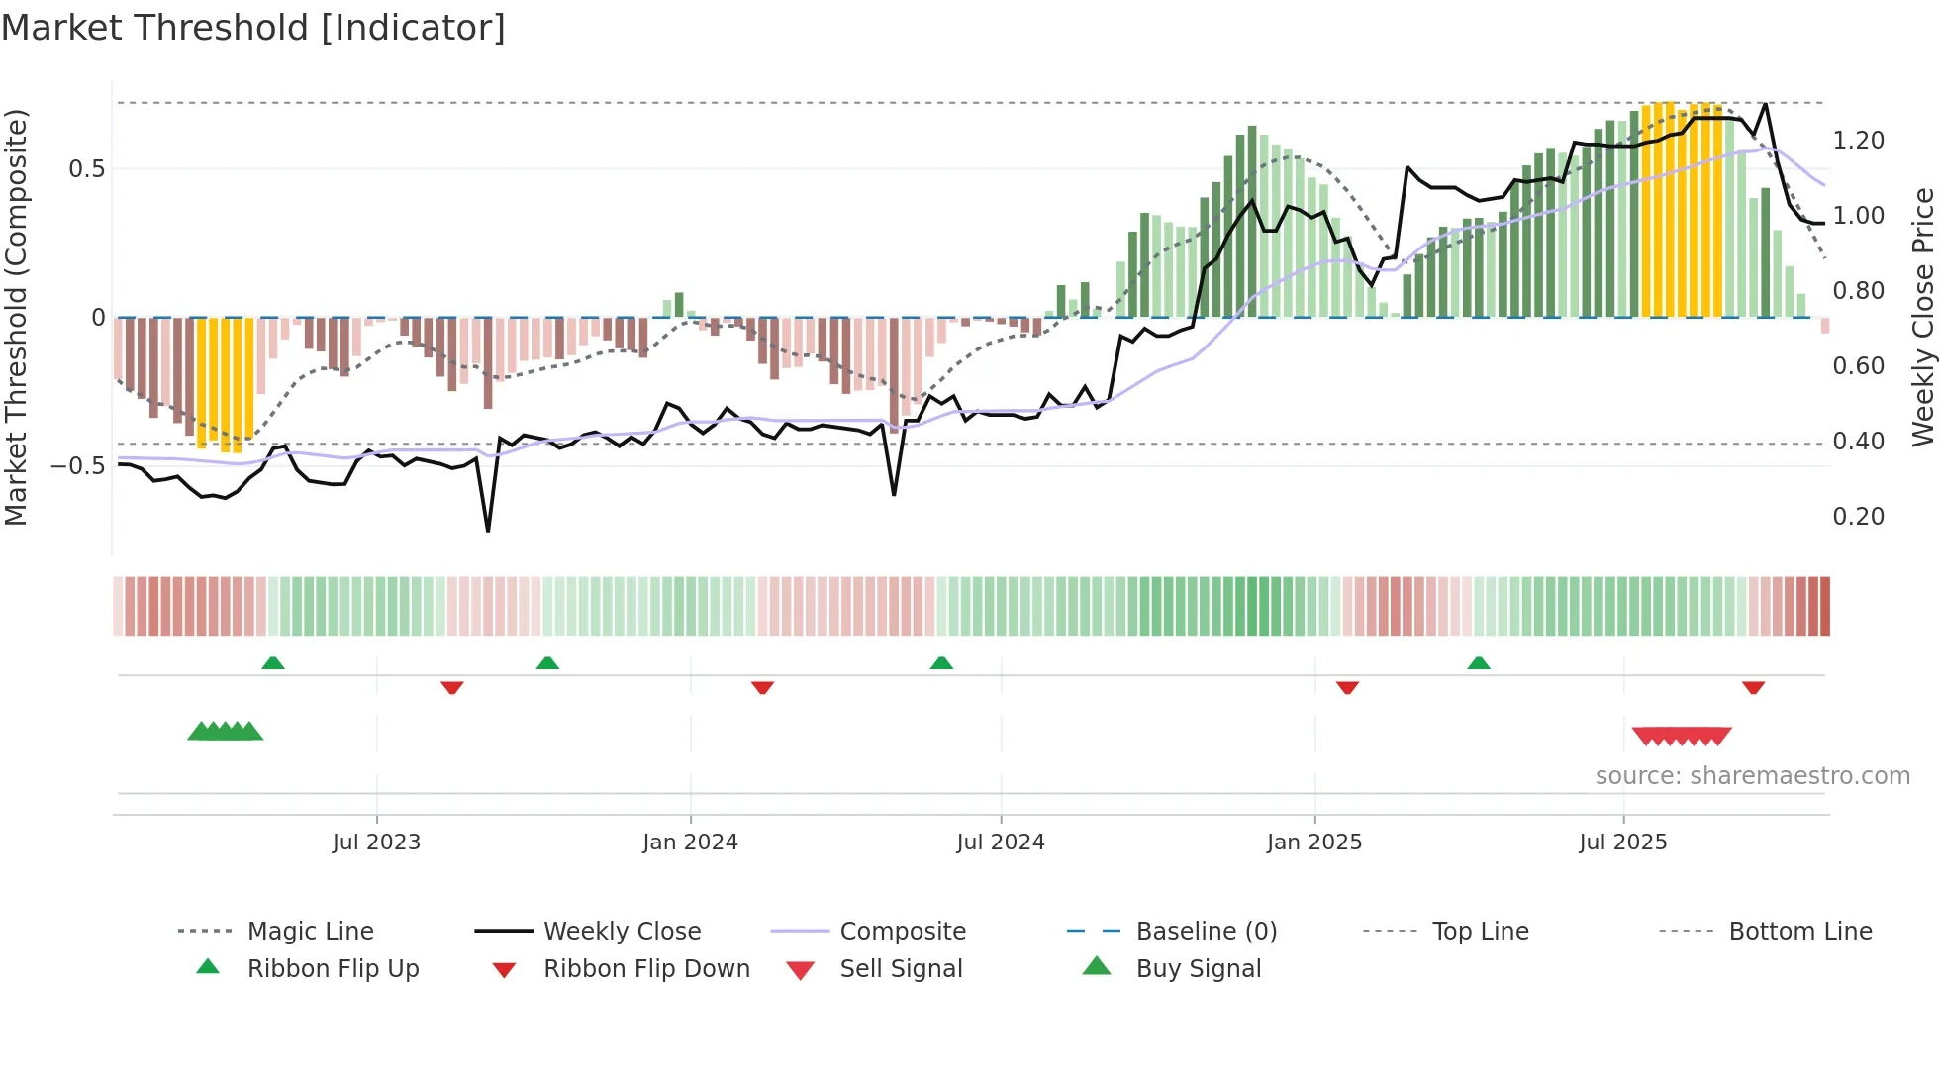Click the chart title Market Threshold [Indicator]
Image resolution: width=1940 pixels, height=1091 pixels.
tap(253, 28)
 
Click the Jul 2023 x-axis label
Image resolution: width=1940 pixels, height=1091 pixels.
tap(376, 843)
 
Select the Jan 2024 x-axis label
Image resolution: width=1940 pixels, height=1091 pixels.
tap(690, 843)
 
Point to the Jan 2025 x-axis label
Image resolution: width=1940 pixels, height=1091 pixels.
tap(1314, 843)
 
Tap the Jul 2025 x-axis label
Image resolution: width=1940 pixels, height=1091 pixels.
tap(1623, 843)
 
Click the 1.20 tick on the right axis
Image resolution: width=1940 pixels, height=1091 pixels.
tap(1858, 141)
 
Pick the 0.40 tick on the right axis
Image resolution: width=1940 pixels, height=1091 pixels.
tap(1858, 442)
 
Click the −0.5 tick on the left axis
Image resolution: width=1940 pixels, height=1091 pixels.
tap(79, 466)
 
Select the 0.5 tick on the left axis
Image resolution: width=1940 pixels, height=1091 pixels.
tap(87, 169)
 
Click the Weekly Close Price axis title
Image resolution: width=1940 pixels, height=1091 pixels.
tap(1922, 317)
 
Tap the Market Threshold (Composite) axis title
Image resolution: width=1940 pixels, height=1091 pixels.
tap(16, 317)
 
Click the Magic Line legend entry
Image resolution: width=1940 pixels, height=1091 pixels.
tap(310, 932)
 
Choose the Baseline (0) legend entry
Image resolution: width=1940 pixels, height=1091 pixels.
tap(1206, 932)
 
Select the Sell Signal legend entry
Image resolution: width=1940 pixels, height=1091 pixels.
tap(901, 969)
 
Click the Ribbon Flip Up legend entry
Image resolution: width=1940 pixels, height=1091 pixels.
tap(333, 969)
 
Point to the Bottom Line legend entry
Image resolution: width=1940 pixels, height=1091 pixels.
tap(1799, 932)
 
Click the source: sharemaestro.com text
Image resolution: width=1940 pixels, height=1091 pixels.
tap(1752, 776)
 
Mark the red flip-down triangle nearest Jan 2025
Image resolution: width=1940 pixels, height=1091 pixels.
tap(1347, 687)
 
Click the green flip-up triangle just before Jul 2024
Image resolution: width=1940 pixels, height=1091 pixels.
tap(941, 663)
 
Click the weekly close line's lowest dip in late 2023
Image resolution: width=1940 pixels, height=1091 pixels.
tap(488, 531)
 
